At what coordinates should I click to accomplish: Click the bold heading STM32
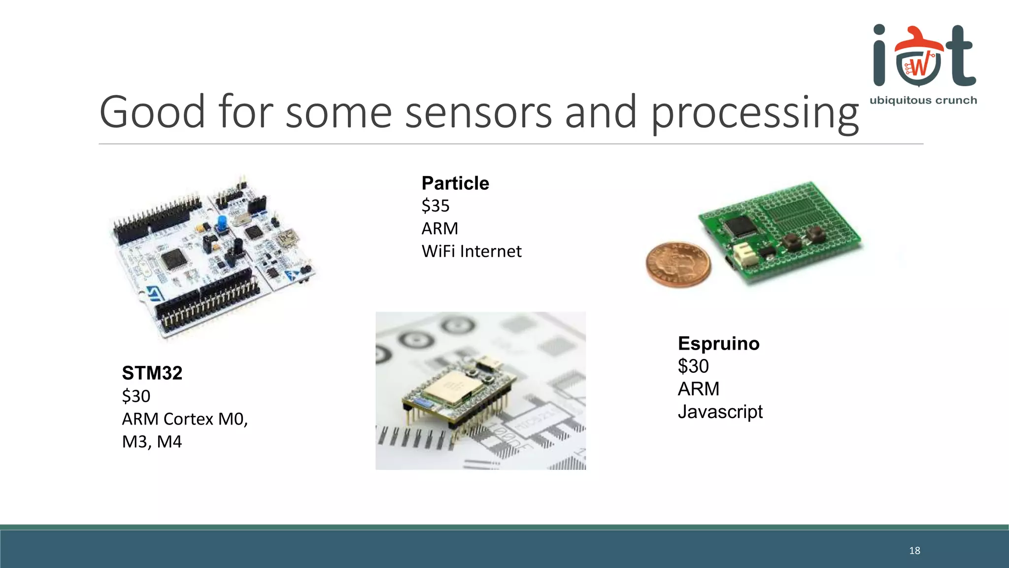(x=152, y=373)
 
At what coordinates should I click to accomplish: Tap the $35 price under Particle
(x=436, y=206)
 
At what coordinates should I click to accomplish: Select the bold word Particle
(x=455, y=183)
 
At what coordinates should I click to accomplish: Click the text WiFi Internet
(x=471, y=251)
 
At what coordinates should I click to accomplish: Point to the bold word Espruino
(x=718, y=344)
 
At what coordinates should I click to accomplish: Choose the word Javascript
(x=720, y=412)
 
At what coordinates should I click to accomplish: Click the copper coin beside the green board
(x=678, y=264)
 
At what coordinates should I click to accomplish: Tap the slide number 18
(x=914, y=551)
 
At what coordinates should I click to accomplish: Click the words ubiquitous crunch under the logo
(x=923, y=101)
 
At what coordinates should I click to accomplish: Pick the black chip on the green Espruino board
(x=738, y=226)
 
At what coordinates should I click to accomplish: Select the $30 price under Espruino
(x=693, y=366)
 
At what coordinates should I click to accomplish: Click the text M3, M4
(x=152, y=442)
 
